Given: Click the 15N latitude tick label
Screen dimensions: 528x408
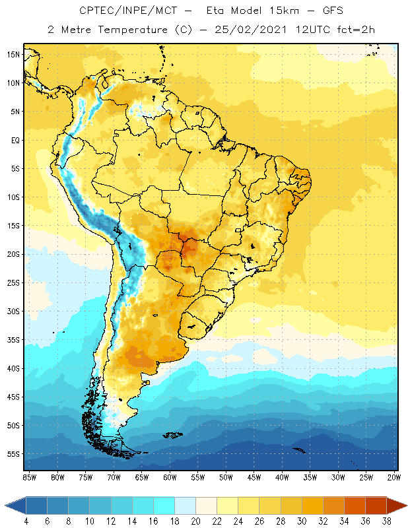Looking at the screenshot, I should click(14, 54).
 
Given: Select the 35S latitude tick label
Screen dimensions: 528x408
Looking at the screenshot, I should click(14, 339).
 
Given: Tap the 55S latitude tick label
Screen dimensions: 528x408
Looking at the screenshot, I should click(14, 454).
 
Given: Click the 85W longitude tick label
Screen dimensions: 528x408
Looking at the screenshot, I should click(30, 477).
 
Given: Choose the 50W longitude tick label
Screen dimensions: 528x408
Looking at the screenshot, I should click(226, 477).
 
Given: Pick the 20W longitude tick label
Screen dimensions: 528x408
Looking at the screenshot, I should click(394, 477).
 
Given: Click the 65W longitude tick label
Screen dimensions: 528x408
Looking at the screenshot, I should click(142, 477).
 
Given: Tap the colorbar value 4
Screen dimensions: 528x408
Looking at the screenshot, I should click(26, 521).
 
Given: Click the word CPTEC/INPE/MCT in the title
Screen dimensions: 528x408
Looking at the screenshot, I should click(119, 11).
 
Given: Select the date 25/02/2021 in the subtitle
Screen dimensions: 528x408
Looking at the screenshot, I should click(248, 30).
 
